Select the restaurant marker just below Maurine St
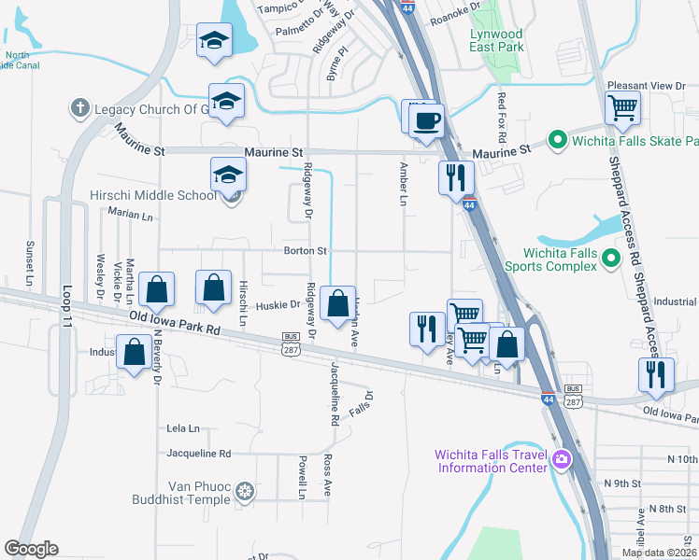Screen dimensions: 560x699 [456, 177]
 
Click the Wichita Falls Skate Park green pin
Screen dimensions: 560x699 [558, 141]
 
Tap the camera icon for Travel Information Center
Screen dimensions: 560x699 [562, 458]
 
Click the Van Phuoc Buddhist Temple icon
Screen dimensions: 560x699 [245, 491]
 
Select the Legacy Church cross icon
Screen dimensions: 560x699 [80, 109]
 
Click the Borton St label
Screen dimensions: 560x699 [307, 251]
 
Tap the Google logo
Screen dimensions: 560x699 [31, 549]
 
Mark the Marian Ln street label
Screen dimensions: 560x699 [130, 216]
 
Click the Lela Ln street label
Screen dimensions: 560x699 [183, 428]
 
